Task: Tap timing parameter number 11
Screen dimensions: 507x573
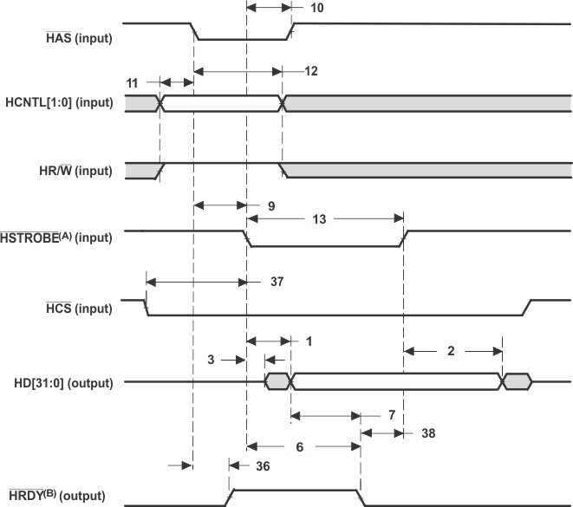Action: pos(132,82)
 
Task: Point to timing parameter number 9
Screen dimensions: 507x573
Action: pos(270,206)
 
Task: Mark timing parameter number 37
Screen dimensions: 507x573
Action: pos(277,282)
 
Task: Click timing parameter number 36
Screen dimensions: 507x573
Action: pos(264,465)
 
